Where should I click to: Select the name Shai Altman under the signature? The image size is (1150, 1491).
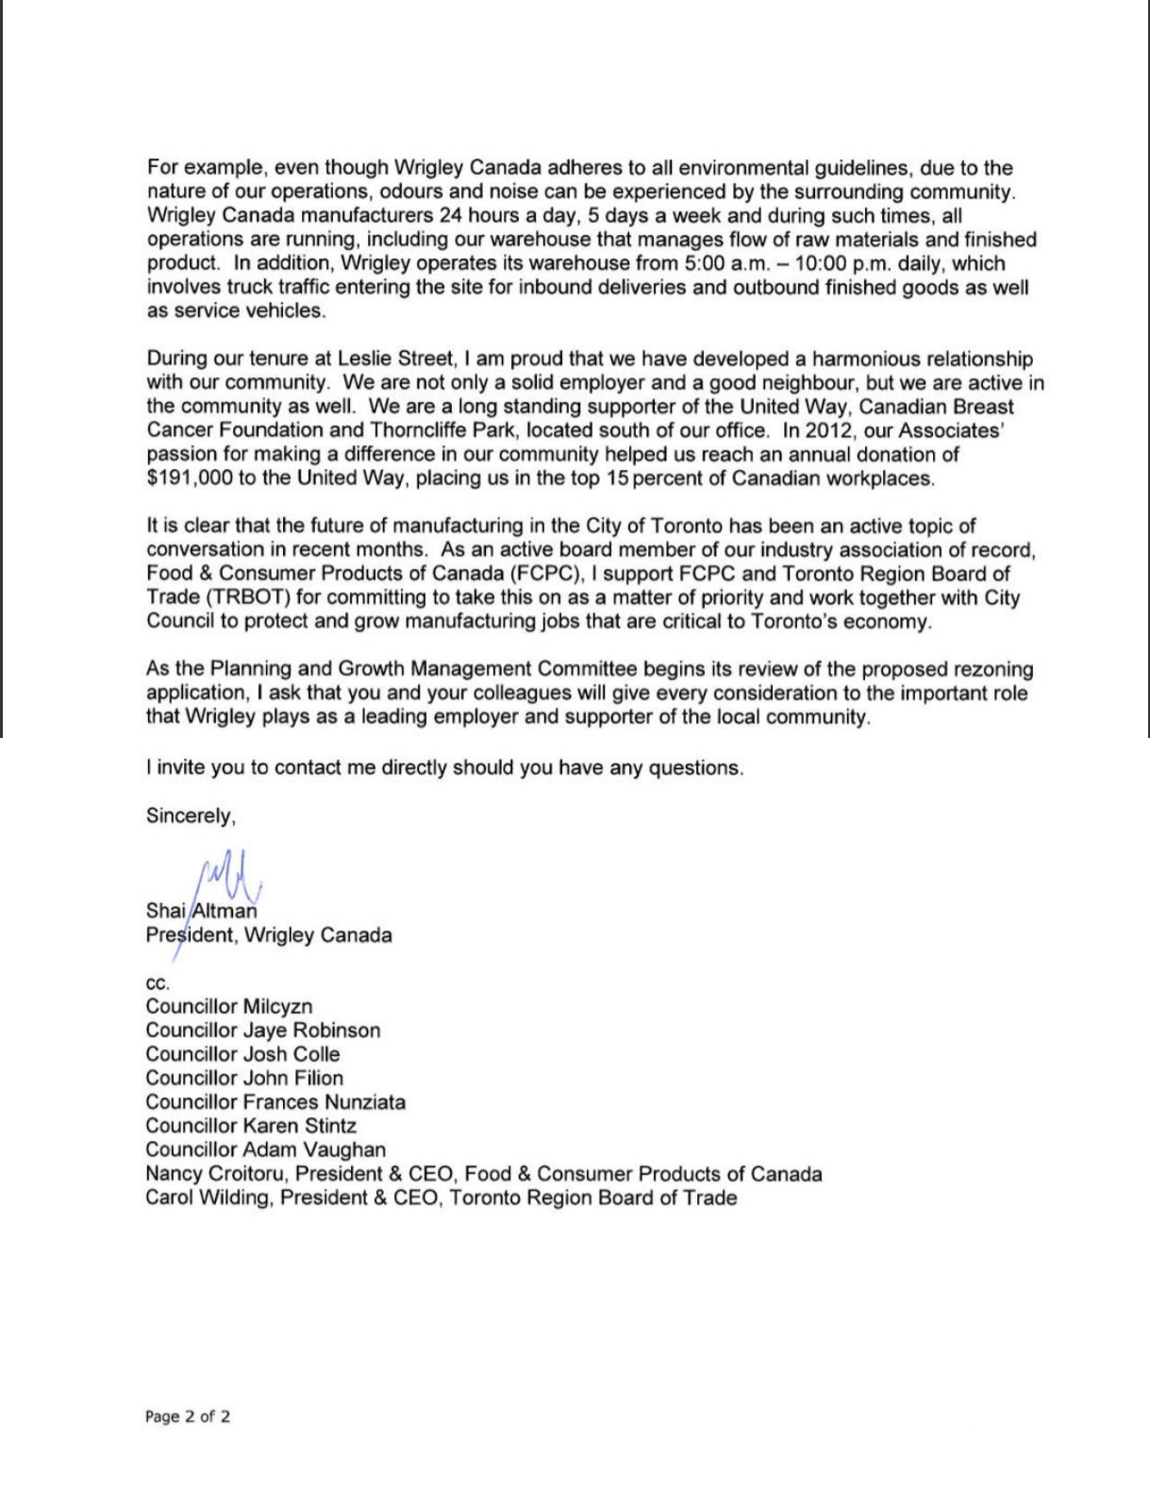pyautogui.click(x=201, y=912)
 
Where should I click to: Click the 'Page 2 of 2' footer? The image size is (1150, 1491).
pyautogui.click(x=188, y=1416)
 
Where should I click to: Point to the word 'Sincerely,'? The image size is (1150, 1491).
pyautogui.click(x=191, y=816)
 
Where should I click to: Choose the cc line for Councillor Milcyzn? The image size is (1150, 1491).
pyautogui.click(x=228, y=1007)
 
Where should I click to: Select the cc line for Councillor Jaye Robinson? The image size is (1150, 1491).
pyautogui.click(x=262, y=1030)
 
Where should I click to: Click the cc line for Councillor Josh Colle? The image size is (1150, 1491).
pyautogui.click(x=242, y=1054)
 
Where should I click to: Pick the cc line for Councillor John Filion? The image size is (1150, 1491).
pyautogui.click(x=244, y=1078)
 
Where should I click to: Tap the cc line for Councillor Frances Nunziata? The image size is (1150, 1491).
pyautogui.click(x=275, y=1102)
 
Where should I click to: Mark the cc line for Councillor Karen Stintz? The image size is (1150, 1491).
pyautogui.click(x=251, y=1126)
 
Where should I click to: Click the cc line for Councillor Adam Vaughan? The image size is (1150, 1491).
pyautogui.click(x=265, y=1149)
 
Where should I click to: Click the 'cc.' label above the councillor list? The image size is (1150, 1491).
pyautogui.click(x=158, y=982)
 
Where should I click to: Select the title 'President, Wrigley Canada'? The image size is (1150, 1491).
pyautogui.click(x=269, y=936)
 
